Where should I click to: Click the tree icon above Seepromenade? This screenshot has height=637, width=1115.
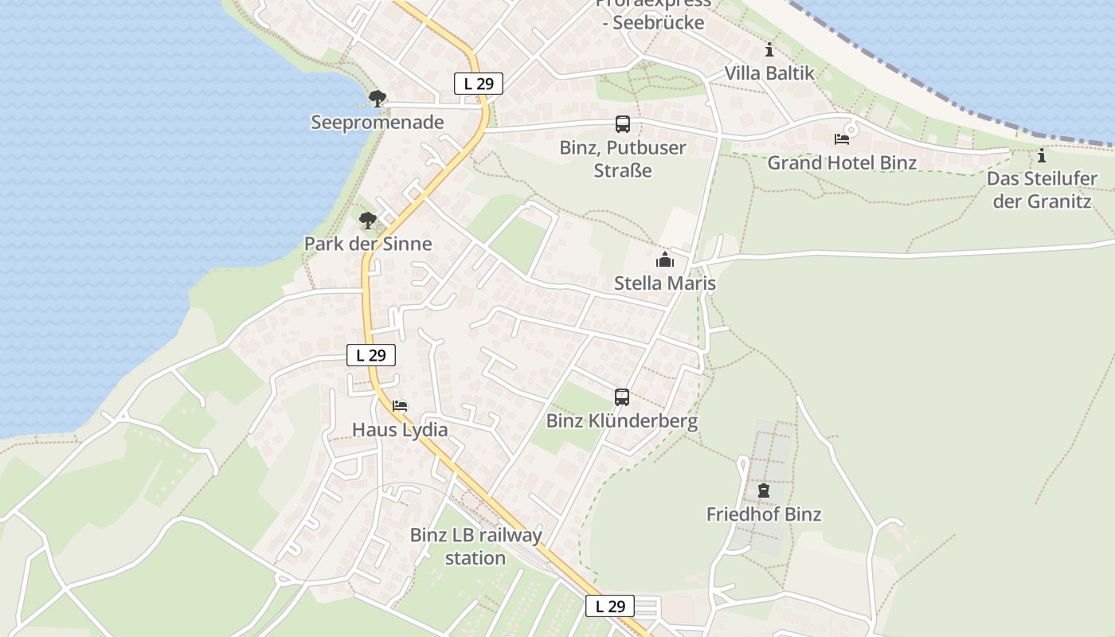[378, 99]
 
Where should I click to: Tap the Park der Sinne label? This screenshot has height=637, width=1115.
[368, 244]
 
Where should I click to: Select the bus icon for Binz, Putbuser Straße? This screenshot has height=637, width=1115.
[623, 124]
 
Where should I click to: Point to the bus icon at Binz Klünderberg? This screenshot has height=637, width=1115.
[622, 397]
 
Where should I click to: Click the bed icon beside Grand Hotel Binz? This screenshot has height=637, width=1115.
[842, 139]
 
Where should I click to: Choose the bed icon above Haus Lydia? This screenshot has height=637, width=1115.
[400, 406]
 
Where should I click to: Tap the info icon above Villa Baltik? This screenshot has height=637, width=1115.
[769, 49]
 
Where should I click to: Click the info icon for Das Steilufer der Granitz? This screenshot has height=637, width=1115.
[1042, 155]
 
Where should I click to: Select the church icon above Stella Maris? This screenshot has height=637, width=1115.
[665, 260]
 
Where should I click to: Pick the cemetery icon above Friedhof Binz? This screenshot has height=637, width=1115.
[764, 490]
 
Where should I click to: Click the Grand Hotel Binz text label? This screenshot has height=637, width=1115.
[842, 162]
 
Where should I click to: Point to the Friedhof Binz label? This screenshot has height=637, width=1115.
[764, 514]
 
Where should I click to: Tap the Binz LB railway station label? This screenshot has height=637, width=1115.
[475, 546]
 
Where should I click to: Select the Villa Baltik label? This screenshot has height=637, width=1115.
[769, 73]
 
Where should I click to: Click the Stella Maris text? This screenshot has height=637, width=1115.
[665, 283]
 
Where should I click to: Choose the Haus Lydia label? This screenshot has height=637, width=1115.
[400, 430]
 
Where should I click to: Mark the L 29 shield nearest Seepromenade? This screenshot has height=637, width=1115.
[479, 84]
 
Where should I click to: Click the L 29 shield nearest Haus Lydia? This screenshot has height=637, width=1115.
[371, 355]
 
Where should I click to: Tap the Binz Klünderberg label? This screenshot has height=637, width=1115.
[622, 421]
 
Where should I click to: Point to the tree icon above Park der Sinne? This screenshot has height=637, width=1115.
[367, 220]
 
